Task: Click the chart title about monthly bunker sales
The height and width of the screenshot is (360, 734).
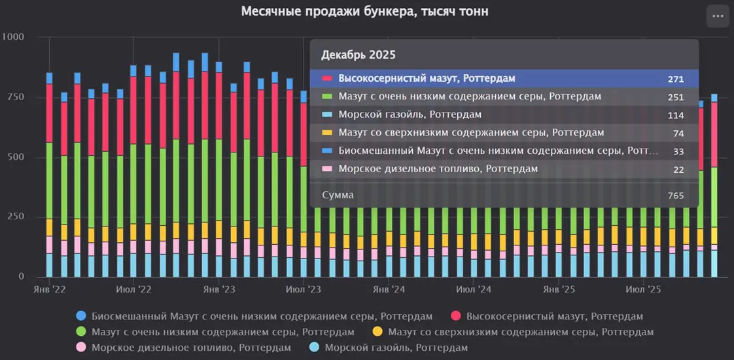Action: tap(365, 12)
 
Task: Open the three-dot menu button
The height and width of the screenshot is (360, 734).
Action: tap(718, 16)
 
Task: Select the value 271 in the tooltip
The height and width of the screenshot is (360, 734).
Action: tap(676, 79)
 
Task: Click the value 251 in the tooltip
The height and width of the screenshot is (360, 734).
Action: tap(676, 98)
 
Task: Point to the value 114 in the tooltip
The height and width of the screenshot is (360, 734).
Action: tap(676, 116)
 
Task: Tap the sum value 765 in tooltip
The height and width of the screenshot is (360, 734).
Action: tap(676, 196)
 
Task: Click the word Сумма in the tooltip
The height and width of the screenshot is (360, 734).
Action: tap(338, 195)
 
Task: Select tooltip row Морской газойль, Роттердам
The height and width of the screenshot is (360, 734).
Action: tap(410, 115)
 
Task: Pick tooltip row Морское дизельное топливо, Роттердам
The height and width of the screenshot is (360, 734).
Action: tap(438, 169)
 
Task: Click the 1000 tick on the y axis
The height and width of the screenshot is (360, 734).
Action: tap(12, 37)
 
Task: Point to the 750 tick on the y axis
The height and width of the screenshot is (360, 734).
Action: tap(15, 97)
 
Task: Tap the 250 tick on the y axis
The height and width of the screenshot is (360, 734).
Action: tap(15, 217)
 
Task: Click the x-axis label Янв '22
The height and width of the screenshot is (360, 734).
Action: tap(49, 289)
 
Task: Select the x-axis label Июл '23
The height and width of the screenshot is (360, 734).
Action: tap(304, 289)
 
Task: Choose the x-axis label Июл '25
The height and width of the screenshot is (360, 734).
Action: tap(643, 289)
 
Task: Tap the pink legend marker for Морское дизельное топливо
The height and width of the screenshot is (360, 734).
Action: tap(81, 348)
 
